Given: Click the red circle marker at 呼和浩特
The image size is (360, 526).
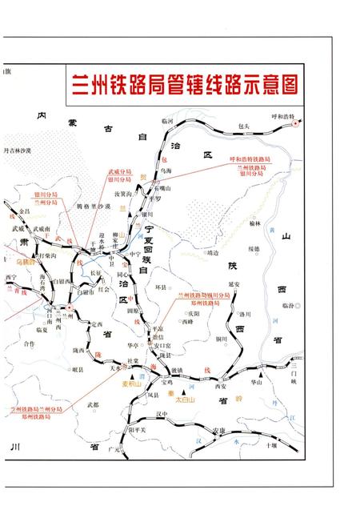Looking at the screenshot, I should tap(296, 124).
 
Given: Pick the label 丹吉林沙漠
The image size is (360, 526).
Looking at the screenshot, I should tap(18, 150).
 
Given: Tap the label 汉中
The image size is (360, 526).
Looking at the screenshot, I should tap(162, 415).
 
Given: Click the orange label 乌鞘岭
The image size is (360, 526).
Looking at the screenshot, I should tap(27, 261).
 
